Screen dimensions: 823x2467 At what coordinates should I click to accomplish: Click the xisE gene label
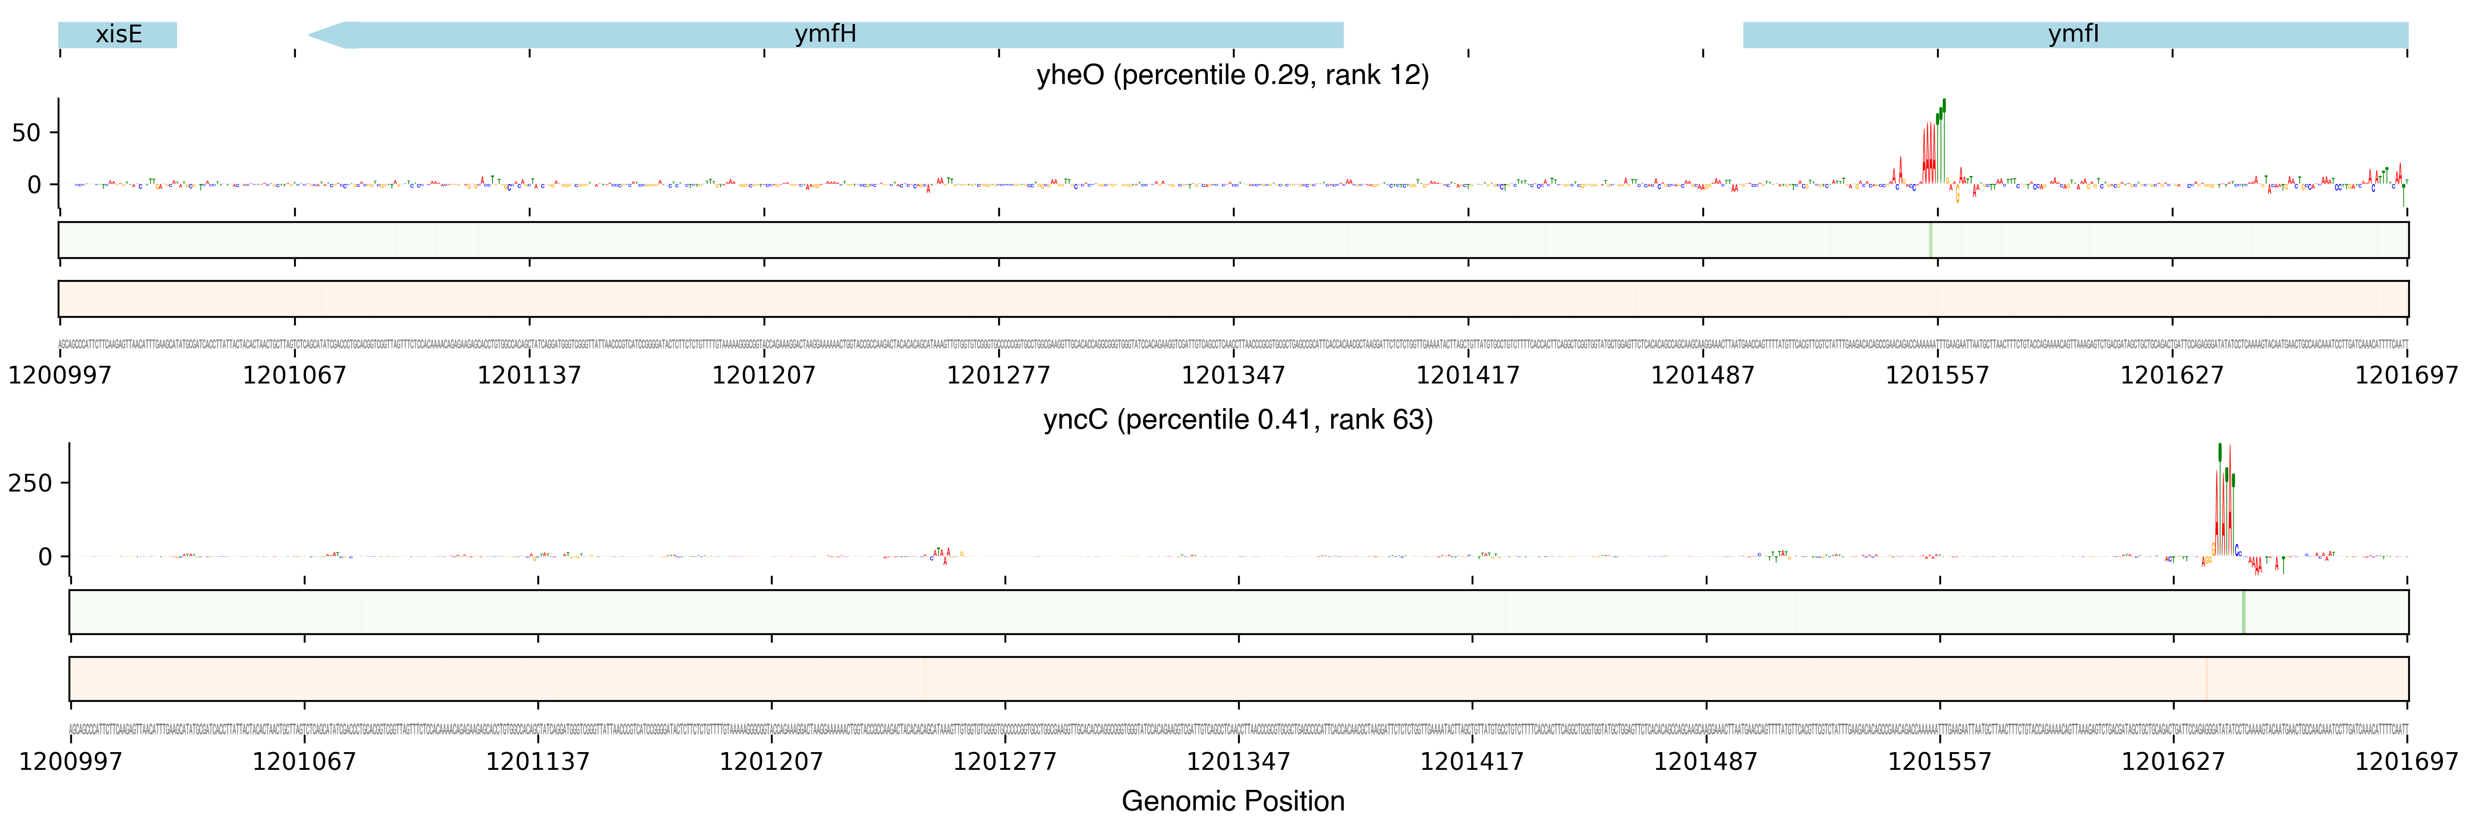(119, 34)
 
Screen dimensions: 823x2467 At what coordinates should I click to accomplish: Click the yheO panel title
(1232, 75)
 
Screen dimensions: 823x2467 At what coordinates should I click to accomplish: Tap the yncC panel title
(1237, 420)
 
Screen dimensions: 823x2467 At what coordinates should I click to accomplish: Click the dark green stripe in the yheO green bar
(1930, 239)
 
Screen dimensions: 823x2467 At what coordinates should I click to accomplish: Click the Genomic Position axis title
(1232, 801)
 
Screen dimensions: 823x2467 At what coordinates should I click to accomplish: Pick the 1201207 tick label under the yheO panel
(764, 374)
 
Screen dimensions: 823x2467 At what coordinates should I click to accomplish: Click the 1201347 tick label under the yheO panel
(1232, 374)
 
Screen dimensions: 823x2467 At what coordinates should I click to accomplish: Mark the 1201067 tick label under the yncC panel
(304, 762)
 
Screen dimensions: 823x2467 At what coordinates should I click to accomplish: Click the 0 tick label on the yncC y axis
(45, 557)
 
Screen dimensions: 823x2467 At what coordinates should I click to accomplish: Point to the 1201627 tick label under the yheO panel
(2171, 374)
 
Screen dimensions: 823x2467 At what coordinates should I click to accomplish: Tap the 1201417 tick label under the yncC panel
(1471, 762)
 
